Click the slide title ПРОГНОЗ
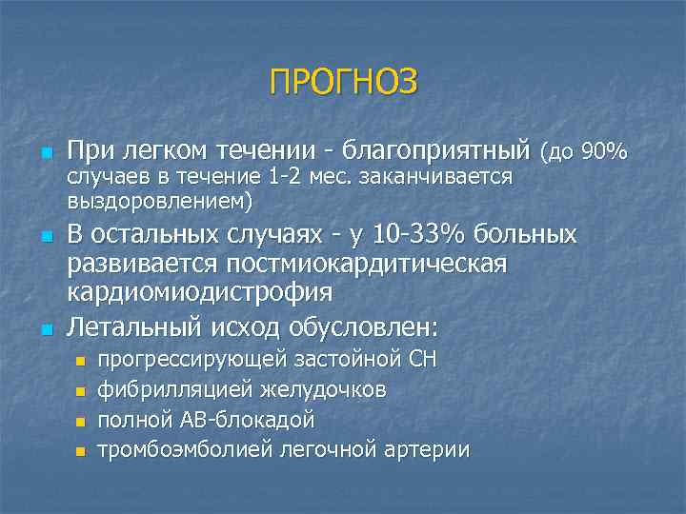343,81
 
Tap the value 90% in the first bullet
606,151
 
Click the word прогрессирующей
187,360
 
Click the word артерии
427,449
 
